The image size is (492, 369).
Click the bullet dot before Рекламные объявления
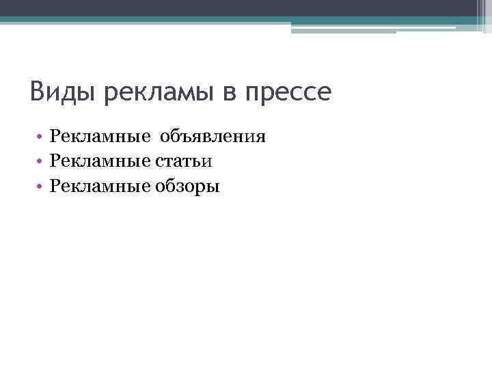click(x=41, y=137)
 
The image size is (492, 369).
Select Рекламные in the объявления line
click(x=100, y=137)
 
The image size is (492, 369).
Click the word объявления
click(x=213, y=137)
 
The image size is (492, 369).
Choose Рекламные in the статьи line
click(x=100, y=161)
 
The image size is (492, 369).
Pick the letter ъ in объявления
click(x=187, y=137)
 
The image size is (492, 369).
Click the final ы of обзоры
click(x=215, y=187)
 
